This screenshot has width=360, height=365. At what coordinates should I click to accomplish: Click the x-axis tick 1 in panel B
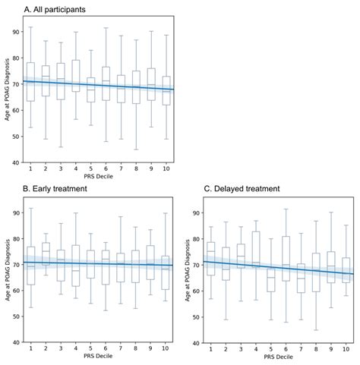coord(30,349)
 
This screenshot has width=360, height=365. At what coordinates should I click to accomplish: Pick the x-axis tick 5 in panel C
coord(272,349)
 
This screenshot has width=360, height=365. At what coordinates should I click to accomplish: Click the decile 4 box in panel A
coord(75,76)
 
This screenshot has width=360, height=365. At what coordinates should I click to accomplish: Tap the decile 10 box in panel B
coord(166,272)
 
